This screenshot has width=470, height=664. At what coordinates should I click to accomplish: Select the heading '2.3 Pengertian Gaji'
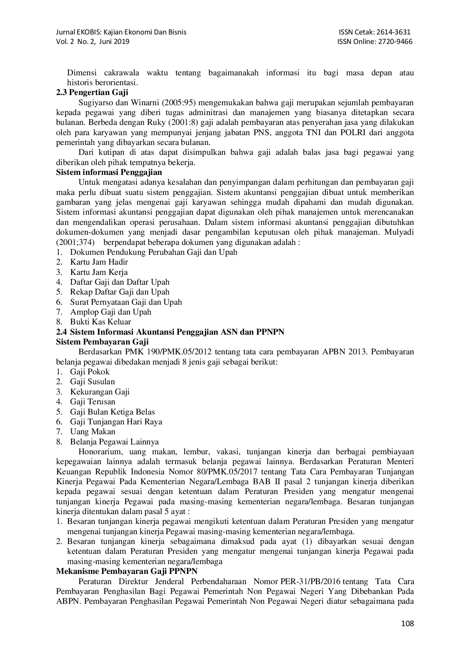point(92,92)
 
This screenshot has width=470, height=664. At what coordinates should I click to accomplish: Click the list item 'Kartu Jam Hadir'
point(99,262)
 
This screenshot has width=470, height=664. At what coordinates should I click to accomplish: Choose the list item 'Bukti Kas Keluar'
point(100,322)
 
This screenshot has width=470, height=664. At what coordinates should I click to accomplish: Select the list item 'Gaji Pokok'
point(90,372)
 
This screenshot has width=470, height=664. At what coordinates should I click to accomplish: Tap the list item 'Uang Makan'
point(92,432)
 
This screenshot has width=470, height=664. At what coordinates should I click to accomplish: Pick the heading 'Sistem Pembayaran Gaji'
point(102,342)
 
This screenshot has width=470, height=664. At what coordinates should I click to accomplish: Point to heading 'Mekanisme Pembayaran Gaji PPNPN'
point(127,571)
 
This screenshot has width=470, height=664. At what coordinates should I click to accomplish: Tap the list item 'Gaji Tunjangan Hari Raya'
point(116,422)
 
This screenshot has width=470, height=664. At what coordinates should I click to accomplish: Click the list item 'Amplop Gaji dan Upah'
point(111,312)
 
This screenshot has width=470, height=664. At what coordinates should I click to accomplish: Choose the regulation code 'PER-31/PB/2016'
point(311,581)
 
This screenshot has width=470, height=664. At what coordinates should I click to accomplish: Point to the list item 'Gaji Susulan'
point(92,382)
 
